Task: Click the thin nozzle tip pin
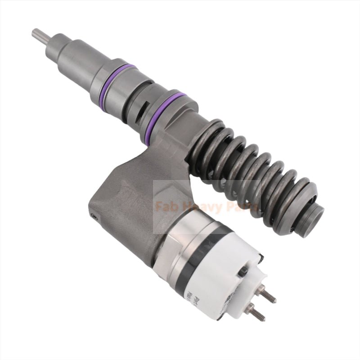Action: pos(40,35)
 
